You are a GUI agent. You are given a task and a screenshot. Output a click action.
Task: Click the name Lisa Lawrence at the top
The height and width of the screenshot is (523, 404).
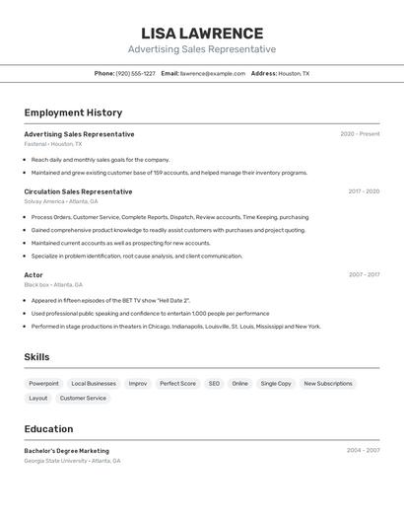coord(202,34)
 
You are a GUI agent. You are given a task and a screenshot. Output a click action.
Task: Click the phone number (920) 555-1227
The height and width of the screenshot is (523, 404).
coord(135,73)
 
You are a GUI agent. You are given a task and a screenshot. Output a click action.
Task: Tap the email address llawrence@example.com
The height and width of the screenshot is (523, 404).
coord(213,73)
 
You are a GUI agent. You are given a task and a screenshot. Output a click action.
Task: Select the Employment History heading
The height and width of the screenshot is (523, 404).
coord(73,112)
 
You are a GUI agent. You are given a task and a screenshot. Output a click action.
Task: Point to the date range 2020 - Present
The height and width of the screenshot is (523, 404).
coord(360,134)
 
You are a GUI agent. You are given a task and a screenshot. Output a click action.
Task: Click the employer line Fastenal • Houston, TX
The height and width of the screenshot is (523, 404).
coord(53,144)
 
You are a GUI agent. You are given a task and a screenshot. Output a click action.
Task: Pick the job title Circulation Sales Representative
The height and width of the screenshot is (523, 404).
coord(78,191)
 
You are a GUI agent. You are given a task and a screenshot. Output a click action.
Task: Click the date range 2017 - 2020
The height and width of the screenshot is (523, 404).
coord(364,191)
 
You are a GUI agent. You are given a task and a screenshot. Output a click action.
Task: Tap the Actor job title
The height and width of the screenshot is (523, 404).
coord(34,275)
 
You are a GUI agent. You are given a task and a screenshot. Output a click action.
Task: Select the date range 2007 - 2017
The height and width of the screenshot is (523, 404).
coord(364,275)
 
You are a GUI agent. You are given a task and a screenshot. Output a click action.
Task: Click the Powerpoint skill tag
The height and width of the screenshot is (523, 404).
coord(43,383)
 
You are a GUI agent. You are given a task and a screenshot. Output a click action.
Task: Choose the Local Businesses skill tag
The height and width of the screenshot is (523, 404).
coord(94,383)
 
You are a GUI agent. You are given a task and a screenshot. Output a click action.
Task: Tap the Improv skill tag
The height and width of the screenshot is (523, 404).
coord(138,383)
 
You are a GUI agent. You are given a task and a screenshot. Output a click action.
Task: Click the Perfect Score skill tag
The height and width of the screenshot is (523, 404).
coord(177,383)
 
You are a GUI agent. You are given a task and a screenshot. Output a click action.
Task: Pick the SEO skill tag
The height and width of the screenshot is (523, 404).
coord(214,383)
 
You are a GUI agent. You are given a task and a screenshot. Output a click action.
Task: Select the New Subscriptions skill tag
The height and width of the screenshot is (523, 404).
coord(328,383)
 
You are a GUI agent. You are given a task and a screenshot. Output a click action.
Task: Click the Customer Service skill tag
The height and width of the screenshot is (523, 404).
coord(83,399)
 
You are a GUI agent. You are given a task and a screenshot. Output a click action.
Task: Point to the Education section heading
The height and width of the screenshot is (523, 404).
coord(48,429)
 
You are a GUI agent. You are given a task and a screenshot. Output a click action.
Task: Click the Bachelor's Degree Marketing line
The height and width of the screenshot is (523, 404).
coord(67,451)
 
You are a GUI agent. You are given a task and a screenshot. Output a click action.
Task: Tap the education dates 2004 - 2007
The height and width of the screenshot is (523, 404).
coord(363,451)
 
